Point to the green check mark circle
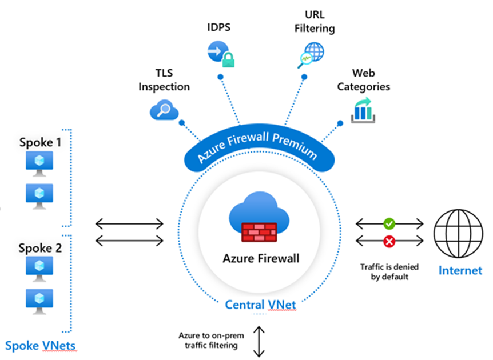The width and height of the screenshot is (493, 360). [x=389, y=223]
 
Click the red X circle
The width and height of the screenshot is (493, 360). [x=389, y=242]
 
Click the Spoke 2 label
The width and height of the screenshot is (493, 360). [x=40, y=248]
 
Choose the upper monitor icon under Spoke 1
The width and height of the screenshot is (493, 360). [x=39, y=163]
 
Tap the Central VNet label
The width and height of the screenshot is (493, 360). [x=260, y=304]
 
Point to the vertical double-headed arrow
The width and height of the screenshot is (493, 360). [x=261, y=341]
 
